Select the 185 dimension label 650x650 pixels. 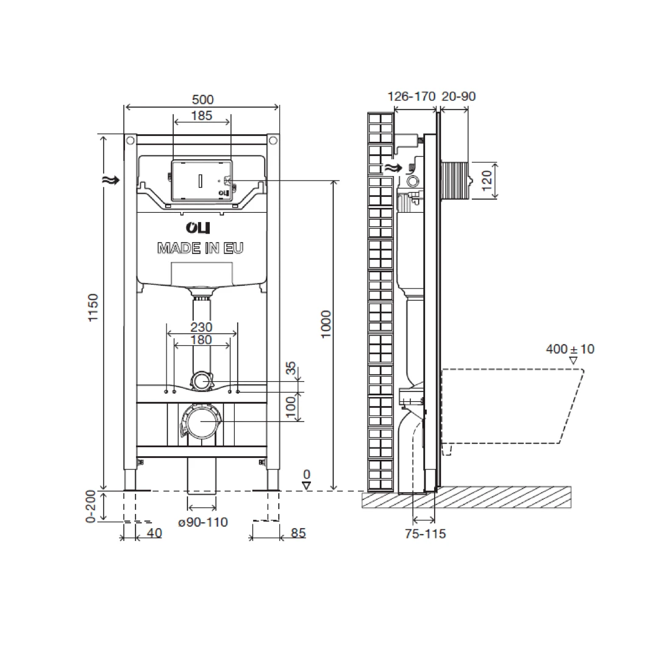[202, 115]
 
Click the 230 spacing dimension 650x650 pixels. [202, 328]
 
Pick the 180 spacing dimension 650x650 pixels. [202, 340]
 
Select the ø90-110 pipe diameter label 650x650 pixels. [202, 523]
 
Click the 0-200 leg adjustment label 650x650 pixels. [91, 507]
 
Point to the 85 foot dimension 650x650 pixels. [298, 534]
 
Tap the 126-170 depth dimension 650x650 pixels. [412, 96]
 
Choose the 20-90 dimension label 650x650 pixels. [458, 96]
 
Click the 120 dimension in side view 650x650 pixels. [487, 180]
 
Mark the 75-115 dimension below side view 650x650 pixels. [425, 534]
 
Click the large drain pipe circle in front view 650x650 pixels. [202, 422]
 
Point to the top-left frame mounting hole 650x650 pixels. [130, 141]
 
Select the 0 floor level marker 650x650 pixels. [307, 474]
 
